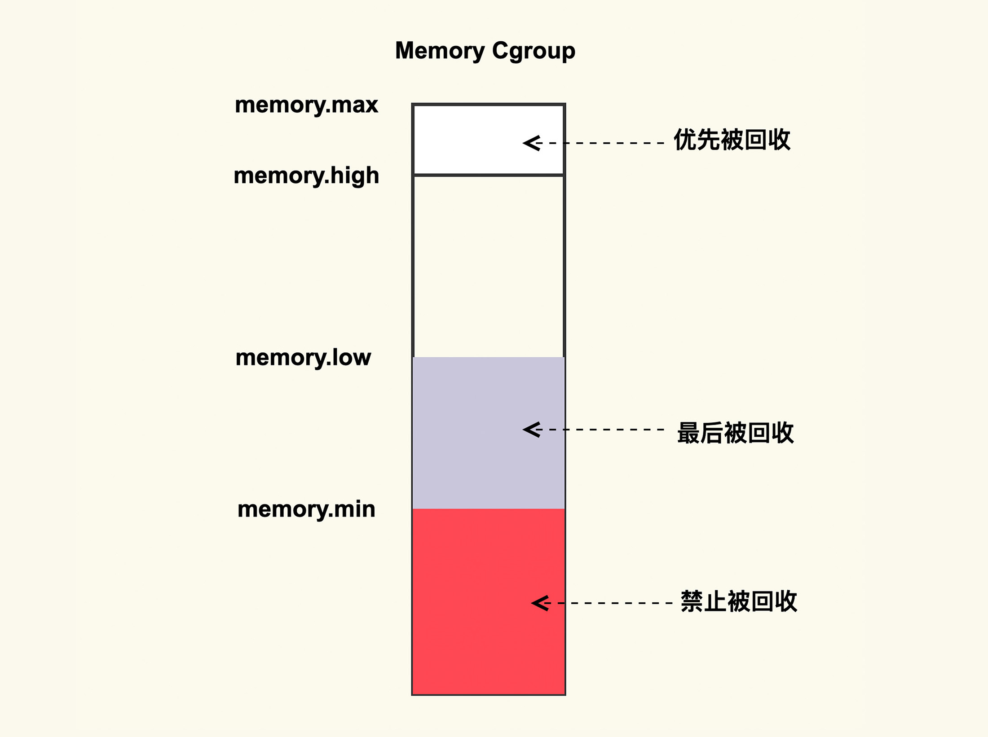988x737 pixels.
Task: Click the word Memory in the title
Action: tap(439, 51)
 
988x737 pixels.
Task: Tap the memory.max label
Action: tap(306, 105)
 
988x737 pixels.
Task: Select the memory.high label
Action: tap(306, 175)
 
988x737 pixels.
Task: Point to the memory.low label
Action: tap(303, 357)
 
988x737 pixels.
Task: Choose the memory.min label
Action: tap(306, 509)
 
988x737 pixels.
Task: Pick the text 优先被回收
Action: tap(732, 140)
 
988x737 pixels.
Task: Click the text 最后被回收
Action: tap(735, 433)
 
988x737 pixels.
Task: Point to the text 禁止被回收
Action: tap(739, 601)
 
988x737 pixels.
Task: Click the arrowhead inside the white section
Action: tap(531, 143)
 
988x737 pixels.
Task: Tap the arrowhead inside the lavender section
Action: tap(531, 430)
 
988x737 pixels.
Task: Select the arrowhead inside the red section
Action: tap(540, 603)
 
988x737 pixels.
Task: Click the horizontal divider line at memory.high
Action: tap(489, 175)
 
